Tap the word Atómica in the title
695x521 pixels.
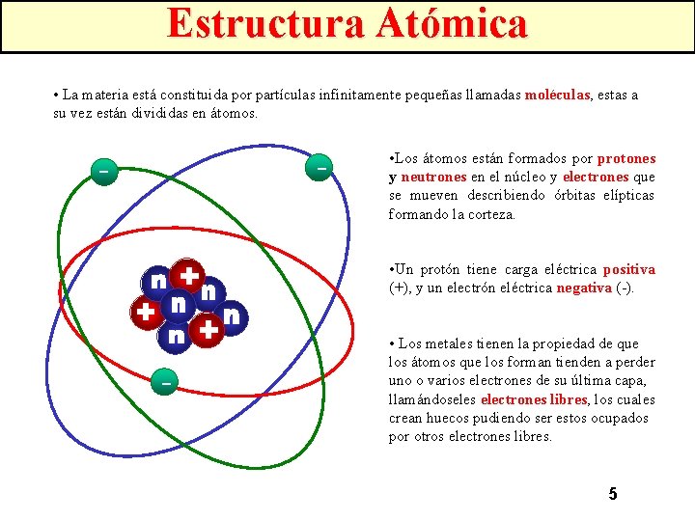(449, 24)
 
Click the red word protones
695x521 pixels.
(626, 158)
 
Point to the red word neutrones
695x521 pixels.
(433, 177)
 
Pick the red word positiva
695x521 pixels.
(628, 269)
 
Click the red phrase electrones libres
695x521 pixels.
(534, 399)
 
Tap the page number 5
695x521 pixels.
(612, 494)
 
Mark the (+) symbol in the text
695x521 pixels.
(398, 288)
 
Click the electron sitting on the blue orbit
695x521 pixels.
(320, 166)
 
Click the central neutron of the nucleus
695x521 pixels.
(178, 305)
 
